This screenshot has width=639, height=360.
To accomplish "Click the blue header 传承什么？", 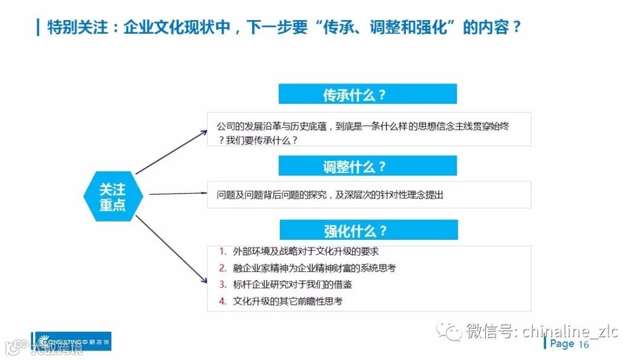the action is (x=367, y=94).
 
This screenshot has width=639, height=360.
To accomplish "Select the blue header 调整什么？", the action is (x=367, y=166).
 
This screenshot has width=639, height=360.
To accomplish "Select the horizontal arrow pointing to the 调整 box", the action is (x=177, y=193).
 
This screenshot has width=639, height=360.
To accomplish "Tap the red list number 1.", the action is (x=222, y=252).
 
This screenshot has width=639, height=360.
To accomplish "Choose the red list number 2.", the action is (x=222, y=268).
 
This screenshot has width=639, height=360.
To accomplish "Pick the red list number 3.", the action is (x=222, y=285).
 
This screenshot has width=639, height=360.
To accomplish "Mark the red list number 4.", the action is (x=222, y=301).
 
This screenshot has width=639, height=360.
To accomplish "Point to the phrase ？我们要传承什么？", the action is (x=257, y=140).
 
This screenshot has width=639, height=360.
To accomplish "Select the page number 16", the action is (x=584, y=345).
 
